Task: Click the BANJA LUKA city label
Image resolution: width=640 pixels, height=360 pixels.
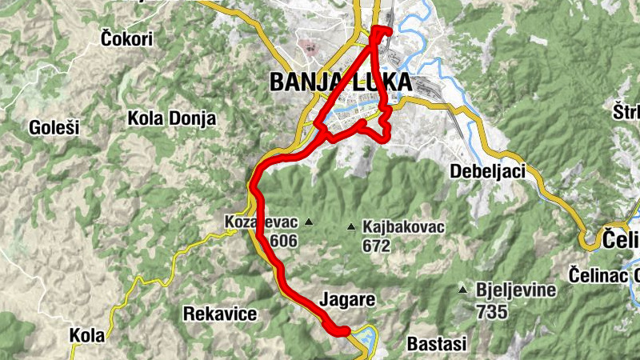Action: click(341, 82)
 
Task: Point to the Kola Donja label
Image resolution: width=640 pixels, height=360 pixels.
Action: click(172, 119)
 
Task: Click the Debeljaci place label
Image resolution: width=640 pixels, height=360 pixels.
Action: click(487, 171)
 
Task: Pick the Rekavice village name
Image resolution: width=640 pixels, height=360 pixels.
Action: click(220, 314)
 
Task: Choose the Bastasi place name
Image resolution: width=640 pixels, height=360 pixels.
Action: click(437, 344)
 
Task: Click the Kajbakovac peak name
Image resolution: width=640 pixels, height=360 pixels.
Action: click(403, 228)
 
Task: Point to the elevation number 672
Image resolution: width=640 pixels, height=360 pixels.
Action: click(375, 246)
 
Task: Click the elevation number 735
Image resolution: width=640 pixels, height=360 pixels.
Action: click(491, 310)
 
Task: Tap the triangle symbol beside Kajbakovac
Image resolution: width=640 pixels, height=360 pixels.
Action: click(350, 228)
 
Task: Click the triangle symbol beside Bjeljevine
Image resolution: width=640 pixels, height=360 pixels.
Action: click(463, 290)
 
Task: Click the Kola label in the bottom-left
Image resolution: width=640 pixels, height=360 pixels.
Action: click(86, 335)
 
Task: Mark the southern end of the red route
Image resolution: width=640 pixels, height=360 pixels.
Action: click(345, 331)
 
